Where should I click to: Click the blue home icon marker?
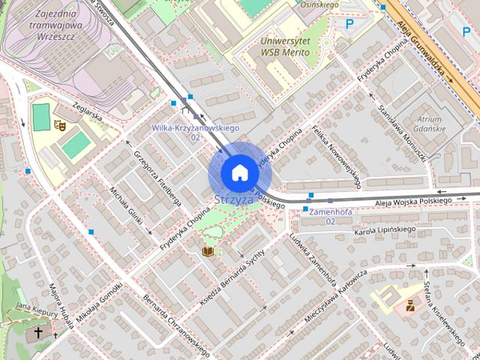239,173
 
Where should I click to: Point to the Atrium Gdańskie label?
430,124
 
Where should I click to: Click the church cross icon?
38,331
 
